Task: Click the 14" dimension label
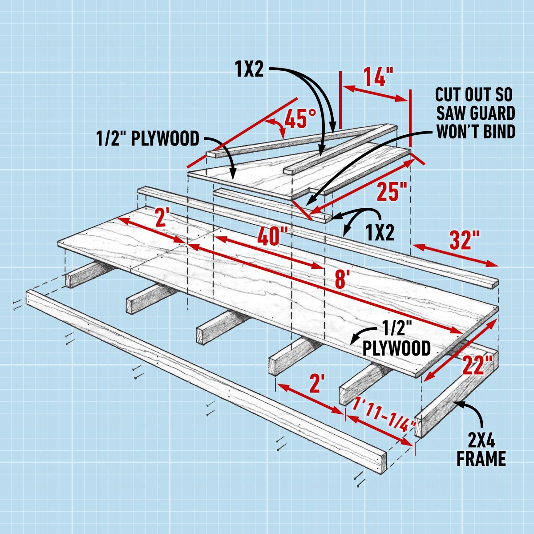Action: (x=374, y=77)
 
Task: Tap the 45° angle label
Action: (x=300, y=118)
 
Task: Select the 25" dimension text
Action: (x=392, y=191)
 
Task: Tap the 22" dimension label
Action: (x=477, y=364)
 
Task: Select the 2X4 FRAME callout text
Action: (x=481, y=450)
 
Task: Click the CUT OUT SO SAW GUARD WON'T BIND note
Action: (x=475, y=113)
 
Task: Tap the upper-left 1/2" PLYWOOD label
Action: (x=148, y=138)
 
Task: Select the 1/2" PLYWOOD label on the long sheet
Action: (x=396, y=340)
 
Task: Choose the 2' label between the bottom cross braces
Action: (x=316, y=384)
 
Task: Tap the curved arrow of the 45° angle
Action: (x=278, y=126)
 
